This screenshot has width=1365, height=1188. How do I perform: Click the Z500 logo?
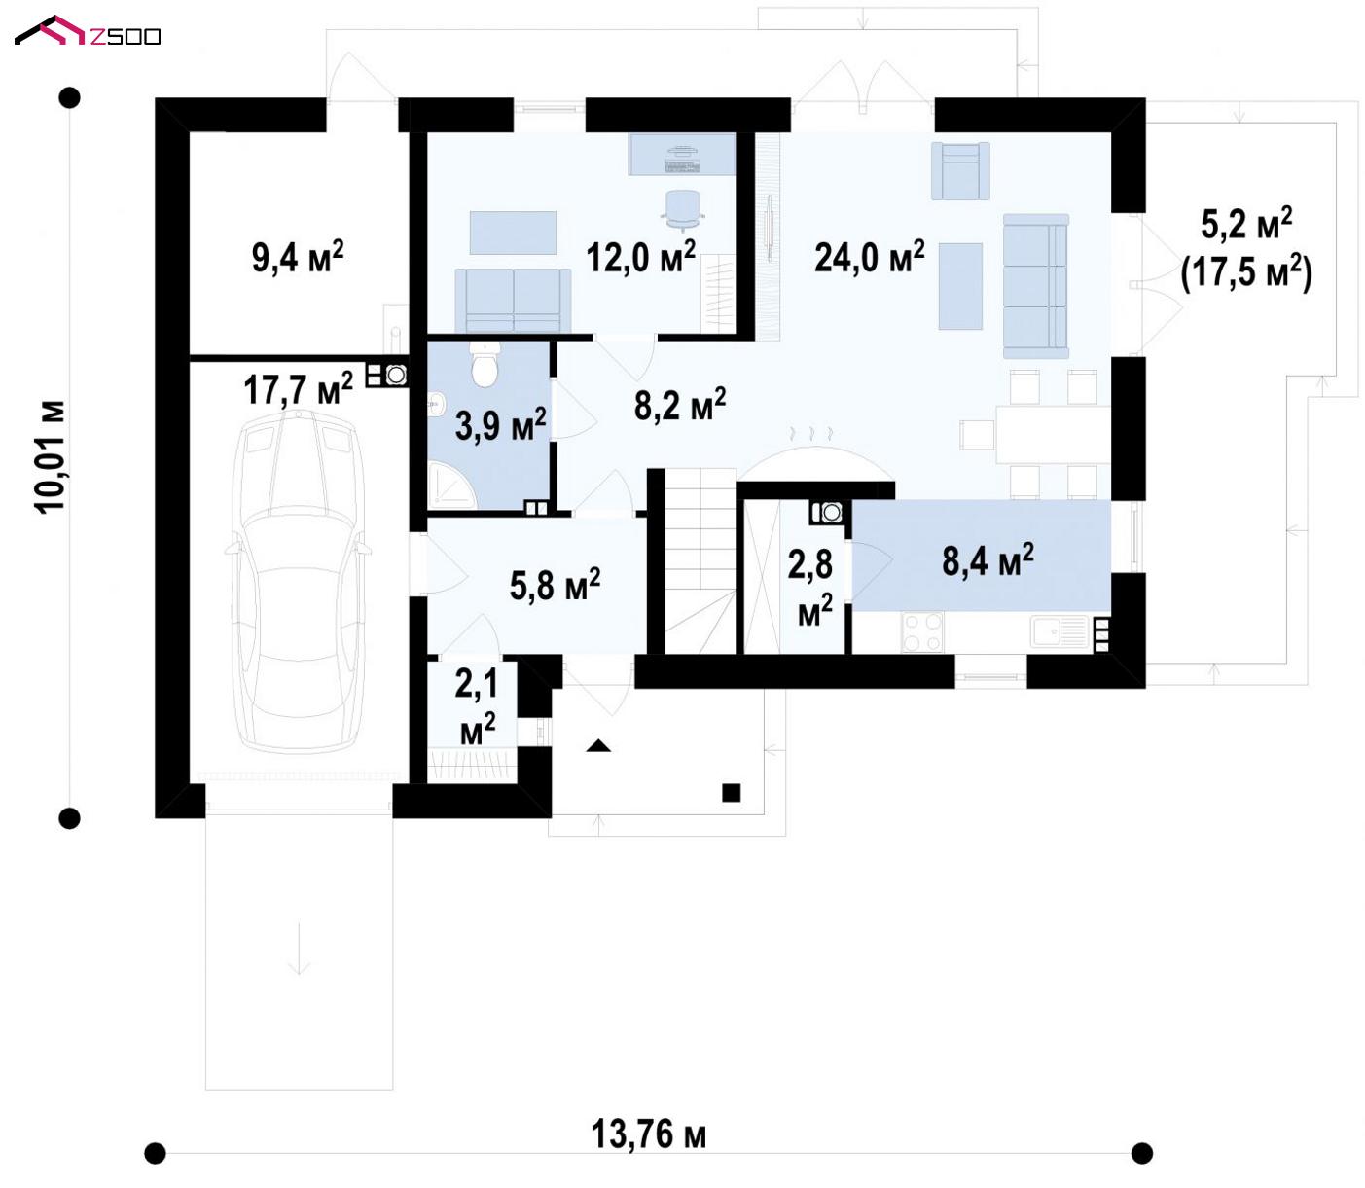pos(88,32)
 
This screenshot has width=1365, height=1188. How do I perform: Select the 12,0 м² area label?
pos(641,256)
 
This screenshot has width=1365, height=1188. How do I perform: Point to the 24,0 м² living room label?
pos(870,256)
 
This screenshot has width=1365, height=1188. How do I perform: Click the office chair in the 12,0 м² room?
pos(683,209)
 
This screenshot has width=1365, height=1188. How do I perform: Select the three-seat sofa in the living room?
pos(1035,286)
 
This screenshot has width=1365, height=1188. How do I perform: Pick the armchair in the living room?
pos(960,171)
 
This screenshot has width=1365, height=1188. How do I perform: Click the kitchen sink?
pos(1060,631)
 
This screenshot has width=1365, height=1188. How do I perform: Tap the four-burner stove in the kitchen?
pos(922,631)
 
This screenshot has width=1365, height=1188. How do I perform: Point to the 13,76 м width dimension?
pos(649,1134)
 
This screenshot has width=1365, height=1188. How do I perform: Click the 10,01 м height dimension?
pos(51,456)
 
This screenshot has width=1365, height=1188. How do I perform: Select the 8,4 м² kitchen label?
pos(988,559)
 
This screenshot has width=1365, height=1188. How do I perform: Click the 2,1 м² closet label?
pos(477,707)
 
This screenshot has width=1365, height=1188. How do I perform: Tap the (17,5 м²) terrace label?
pos(1246,272)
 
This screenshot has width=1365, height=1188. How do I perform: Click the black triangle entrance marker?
pos(598,746)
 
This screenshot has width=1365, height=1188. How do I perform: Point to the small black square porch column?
pos(732,792)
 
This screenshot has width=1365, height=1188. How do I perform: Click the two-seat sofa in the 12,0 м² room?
pos(513,301)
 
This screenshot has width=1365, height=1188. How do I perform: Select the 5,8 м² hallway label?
pos(556,585)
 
